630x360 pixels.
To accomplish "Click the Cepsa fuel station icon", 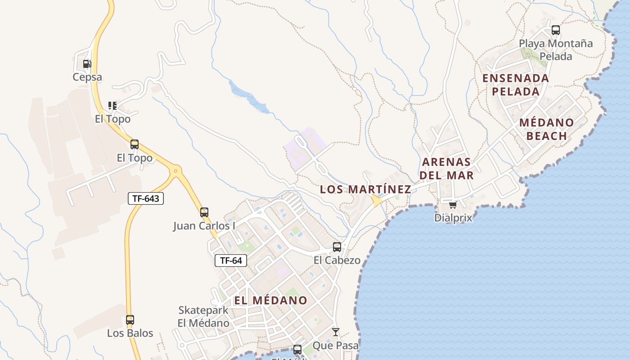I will point(87,64).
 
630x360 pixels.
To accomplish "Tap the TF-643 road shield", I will point(146,198).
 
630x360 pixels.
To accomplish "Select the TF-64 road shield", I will point(231,260).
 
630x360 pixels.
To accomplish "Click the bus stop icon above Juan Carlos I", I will point(204,212).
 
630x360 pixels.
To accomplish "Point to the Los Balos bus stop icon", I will point(130,320).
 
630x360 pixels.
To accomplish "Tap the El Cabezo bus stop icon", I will point(337,247).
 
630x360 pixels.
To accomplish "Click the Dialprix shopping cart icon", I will point(453,205).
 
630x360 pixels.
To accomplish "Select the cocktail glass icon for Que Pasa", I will point(335,332).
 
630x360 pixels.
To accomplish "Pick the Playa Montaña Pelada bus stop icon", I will point(556,30).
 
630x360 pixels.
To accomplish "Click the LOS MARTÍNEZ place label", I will point(365,189).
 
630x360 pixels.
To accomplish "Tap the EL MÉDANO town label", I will point(270,300).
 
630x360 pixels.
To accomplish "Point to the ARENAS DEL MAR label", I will point(447,168).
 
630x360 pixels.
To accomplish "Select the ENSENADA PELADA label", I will point(516,85).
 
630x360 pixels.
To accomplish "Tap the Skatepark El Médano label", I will point(203,316).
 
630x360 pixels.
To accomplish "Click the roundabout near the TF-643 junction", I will point(175,171).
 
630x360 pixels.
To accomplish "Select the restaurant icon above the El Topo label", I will point(112,106).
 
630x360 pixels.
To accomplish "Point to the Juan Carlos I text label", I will point(204,225).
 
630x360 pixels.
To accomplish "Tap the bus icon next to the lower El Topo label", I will point(135,144).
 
